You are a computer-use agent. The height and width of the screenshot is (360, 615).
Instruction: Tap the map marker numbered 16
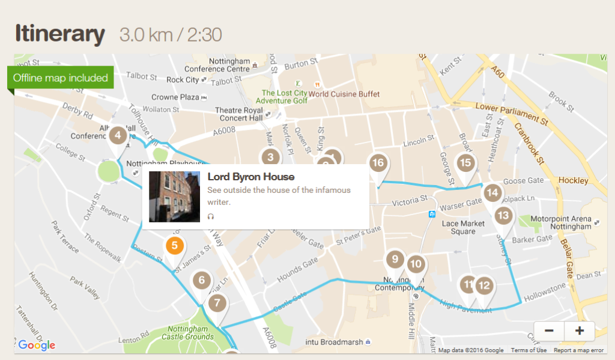[378, 163]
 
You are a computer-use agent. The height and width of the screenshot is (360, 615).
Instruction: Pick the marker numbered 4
[117, 135]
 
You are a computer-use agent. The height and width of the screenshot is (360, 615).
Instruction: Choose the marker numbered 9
[395, 260]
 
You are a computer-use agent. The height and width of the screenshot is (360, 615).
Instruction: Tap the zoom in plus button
[580, 331]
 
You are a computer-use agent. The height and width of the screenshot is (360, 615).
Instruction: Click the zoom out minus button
[549, 331]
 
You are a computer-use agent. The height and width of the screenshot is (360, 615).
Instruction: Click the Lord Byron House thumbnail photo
[174, 197]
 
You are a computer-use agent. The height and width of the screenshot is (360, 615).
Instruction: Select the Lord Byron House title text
[251, 177]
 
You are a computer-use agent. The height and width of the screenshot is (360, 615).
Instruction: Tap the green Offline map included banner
[60, 78]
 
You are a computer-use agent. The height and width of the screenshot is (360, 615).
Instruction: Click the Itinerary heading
[59, 34]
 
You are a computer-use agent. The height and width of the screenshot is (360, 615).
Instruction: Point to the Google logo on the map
[37, 345]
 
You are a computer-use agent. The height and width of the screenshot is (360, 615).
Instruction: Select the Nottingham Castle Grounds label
[189, 334]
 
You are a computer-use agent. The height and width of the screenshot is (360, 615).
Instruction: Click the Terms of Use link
[529, 350]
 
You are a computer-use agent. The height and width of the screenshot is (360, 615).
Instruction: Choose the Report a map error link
[578, 350]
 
